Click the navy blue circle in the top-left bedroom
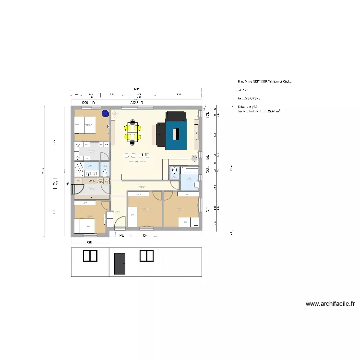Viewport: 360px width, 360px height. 105,113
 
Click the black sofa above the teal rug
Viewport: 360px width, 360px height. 176,116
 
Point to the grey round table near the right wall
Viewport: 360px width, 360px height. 194,158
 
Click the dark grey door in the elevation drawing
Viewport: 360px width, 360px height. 120,264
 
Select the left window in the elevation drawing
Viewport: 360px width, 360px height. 90,256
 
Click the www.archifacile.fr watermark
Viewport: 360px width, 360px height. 330,304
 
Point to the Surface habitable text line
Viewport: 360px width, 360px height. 259,111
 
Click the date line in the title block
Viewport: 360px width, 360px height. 249,97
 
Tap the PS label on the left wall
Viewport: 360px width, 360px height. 68,183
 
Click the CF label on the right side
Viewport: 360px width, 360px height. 207,209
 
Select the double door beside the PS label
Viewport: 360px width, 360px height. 77,187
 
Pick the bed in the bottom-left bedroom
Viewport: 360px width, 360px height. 86,225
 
